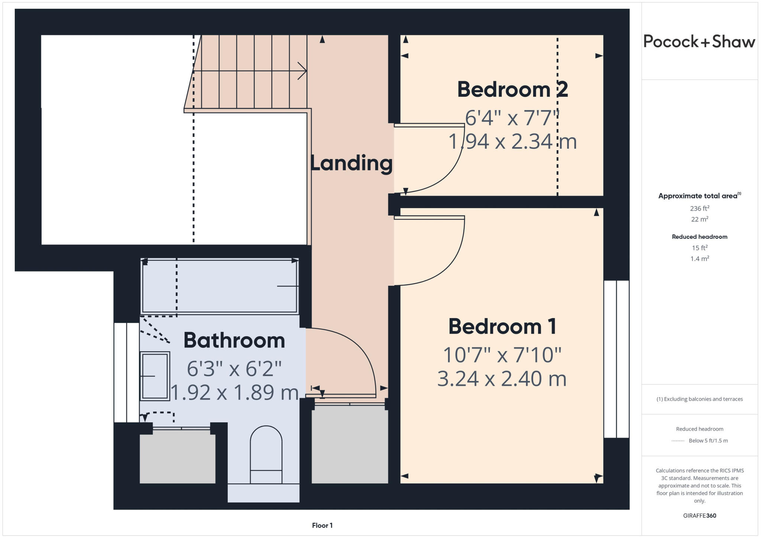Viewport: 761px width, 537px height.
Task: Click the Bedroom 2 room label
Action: click(512, 90)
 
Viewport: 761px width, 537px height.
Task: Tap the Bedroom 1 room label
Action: click(502, 327)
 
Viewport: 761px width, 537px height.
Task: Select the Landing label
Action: click(352, 163)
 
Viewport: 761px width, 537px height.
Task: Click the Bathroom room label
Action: click(234, 340)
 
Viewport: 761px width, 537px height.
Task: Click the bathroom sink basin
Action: click(155, 376)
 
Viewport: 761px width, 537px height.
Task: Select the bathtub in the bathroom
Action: click(220, 286)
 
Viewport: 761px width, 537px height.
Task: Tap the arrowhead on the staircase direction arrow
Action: click(302, 71)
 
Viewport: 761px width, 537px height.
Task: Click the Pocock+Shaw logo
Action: click(699, 42)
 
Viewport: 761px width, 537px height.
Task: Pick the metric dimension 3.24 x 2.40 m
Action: click(502, 379)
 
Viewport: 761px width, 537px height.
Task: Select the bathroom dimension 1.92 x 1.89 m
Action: click(234, 392)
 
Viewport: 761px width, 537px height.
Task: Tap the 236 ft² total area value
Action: click(699, 208)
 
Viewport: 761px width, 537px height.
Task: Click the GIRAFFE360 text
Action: click(699, 515)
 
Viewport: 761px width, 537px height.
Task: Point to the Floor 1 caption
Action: click(322, 525)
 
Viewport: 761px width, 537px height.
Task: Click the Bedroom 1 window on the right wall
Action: click(616, 359)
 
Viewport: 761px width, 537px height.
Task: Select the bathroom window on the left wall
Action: click(126, 372)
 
